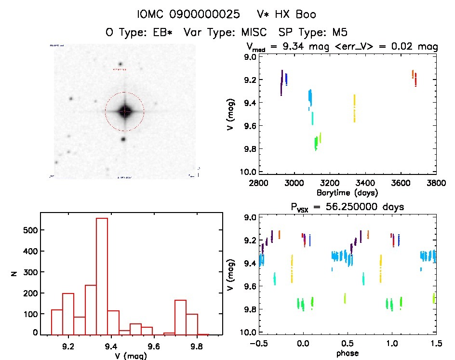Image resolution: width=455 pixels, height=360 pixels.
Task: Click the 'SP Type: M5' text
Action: point(313,32)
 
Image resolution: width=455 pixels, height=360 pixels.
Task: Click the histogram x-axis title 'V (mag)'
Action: point(131,356)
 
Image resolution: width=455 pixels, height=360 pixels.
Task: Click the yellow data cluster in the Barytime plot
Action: point(354,108)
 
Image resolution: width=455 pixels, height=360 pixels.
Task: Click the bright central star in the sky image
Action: point(124,111)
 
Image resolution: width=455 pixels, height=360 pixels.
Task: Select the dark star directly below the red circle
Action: point(123,139)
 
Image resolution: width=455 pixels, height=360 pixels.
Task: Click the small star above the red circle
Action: point(120,64)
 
